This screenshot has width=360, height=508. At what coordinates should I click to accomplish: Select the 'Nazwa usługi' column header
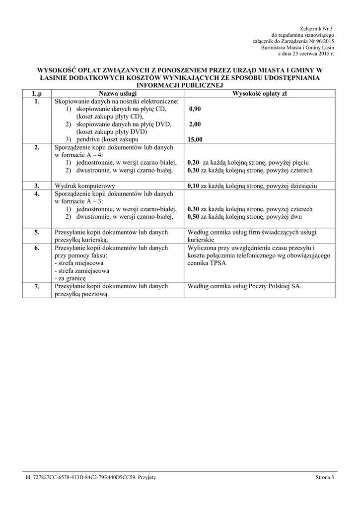(x=118, y=93)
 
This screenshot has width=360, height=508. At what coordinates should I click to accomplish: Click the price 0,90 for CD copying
(x=195, y=109)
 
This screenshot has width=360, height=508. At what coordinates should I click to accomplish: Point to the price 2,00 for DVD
(x=195, y=124)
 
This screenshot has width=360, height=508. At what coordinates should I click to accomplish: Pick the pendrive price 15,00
(x=195, y=140)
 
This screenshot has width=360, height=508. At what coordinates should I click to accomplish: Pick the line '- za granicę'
(x=72, y=279)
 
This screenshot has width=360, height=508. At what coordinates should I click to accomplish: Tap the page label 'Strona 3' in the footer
(x=325, y=477)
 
